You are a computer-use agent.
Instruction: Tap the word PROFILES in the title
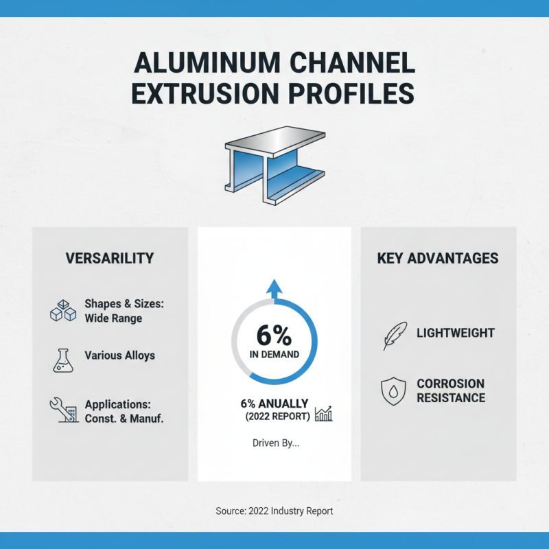coord(355,93)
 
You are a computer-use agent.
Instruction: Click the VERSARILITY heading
coord(110,259)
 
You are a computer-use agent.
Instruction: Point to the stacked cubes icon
coord(63,311)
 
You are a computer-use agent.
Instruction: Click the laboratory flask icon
coord(62,359)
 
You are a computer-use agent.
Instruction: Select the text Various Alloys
coord(119,355)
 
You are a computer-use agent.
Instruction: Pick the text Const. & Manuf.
coord(124,419)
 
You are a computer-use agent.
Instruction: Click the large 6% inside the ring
coord(274,336)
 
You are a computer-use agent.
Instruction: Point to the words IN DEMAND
coord(274,355)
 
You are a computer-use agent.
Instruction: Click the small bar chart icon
coord(323,413)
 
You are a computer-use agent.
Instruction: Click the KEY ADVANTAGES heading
coord(438,259)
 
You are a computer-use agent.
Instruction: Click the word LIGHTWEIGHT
coord(456,334)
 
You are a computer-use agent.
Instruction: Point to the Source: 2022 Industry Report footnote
coord(274,511)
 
